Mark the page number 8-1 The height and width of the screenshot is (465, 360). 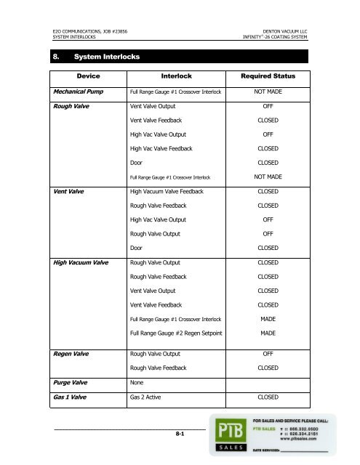pos(179,433)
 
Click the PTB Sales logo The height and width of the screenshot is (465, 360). pos(228,434)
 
